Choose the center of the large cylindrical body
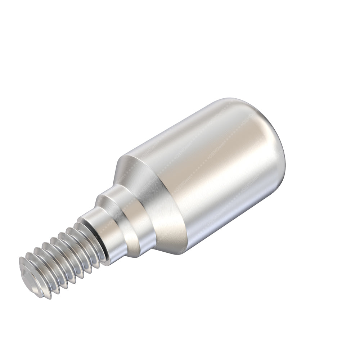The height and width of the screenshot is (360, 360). coord(212,176)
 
